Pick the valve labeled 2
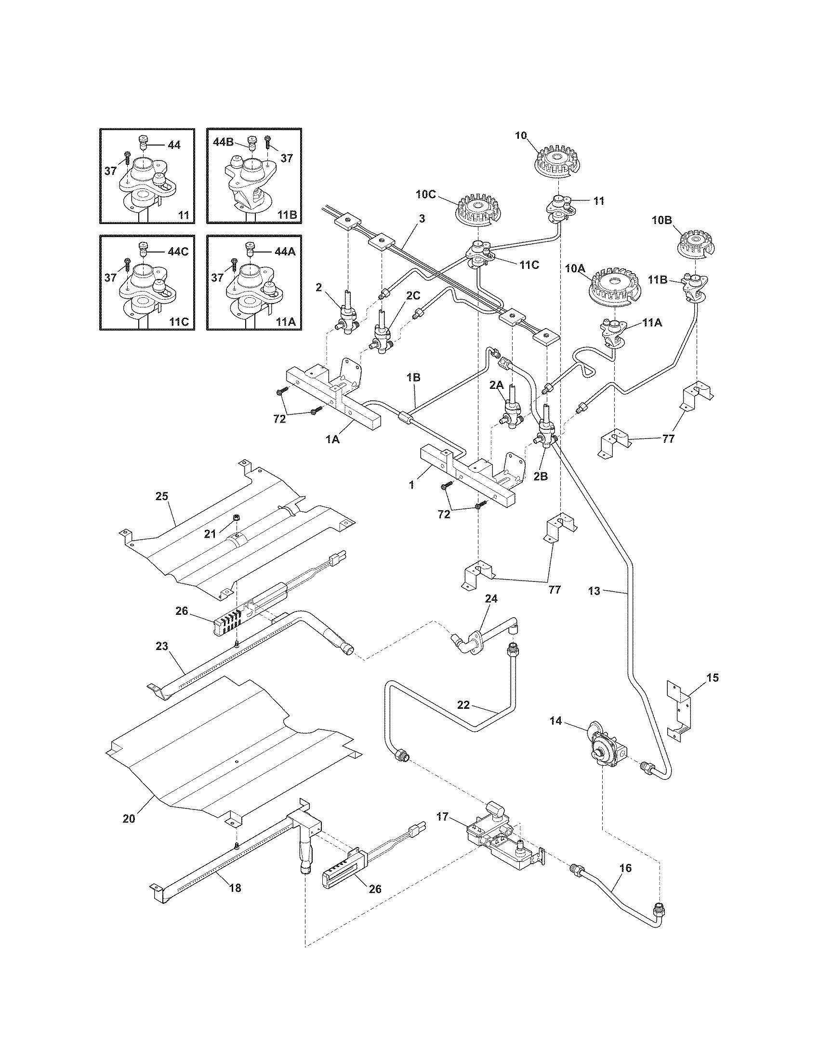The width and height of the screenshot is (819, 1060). (x=348, y=319)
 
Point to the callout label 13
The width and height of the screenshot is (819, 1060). (x=594, y=591)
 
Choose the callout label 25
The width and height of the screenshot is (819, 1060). (x=161, y=496)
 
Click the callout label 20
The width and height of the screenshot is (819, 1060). (x=129, y=819)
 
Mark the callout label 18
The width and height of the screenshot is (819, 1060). (x=235, y=888)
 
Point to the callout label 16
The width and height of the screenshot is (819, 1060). (x=626, y=868)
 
